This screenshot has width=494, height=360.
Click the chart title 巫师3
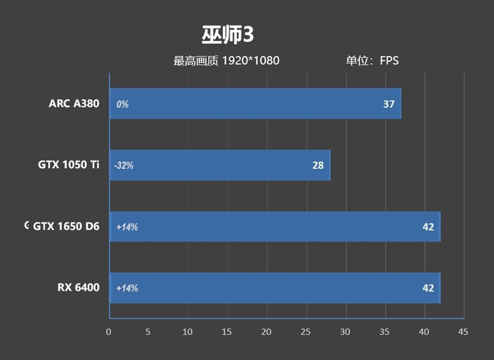[x=227, y=35]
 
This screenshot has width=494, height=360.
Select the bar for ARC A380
[x=255, y=104]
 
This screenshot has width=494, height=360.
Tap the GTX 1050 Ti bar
[x=220, y=165]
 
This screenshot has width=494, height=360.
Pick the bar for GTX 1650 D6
[x=275, y=227]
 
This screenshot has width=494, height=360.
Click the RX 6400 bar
[x=275, y=288]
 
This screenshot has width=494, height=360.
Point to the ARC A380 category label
[x=73, y=104]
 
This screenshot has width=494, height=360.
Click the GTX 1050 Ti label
[x=68, y=165]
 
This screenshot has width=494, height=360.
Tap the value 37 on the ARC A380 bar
[x=388, y=104]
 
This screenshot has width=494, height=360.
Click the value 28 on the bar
[x=317, y=165]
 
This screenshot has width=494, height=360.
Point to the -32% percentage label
[x=124, y=165]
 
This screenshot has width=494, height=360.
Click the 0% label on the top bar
[x=122, y=104]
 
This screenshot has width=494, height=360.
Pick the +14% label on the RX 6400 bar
[x=127, y=288]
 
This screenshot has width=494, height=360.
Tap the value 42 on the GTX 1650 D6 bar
[x=428, y=227]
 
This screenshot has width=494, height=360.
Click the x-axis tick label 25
[x=306, y=332]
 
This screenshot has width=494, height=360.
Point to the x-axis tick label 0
[x=109, y=332]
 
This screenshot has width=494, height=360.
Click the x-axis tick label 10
[x=188, y=332]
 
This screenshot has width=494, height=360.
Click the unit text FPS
[x=390, y=61]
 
